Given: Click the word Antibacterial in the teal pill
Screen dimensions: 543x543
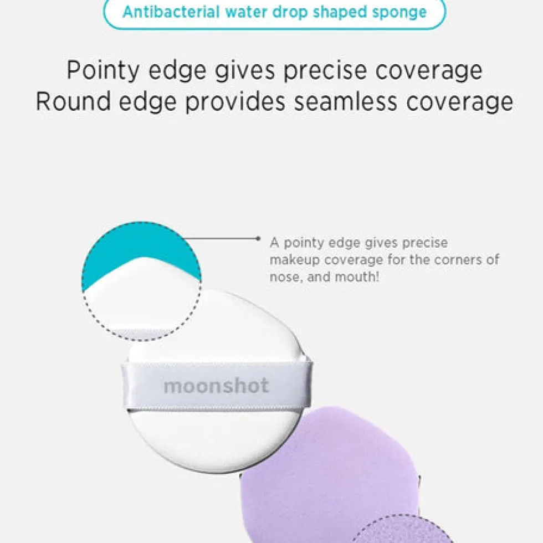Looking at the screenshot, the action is (x=171, y=12).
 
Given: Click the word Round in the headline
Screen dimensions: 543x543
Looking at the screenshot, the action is (x=73, y=101).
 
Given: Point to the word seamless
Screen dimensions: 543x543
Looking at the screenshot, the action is (x=346, y=101).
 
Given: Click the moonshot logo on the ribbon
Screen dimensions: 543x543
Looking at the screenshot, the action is (x=216, y=386).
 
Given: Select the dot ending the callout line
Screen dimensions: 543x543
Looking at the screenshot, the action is (x=258, y=238).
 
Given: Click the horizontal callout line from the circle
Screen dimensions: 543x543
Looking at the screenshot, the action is (x=221, y=238).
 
